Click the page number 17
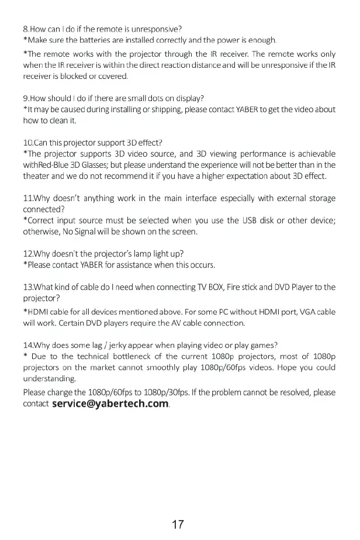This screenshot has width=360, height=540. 179,508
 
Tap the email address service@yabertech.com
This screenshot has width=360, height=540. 110,404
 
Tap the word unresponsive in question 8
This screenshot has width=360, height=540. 159,29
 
